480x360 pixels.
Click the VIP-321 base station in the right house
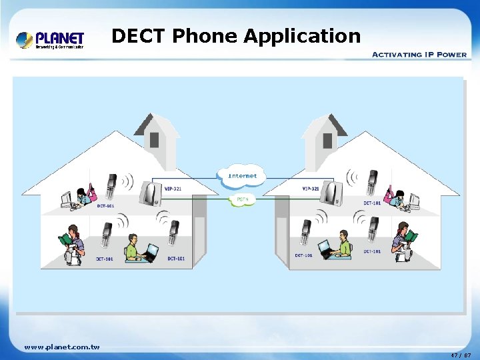tap(331, 193)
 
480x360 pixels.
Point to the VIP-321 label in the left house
tap(172, 189)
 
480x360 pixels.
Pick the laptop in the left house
tap(151, 252)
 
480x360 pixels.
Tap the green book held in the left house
tap(65, 238)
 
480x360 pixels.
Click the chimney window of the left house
tap(154, 140)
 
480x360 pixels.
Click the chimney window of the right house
tap(327, 140)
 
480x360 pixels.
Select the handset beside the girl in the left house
tap(111, 185)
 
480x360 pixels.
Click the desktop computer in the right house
tap(413, 199)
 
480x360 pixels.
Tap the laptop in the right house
tap(325, 249)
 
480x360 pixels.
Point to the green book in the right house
tap(411, 235)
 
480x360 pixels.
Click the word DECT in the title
tap(139, 36)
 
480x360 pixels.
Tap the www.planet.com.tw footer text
tap(61, 347)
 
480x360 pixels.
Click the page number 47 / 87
tap(460, 355)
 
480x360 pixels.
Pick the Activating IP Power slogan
tap(419, 54)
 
